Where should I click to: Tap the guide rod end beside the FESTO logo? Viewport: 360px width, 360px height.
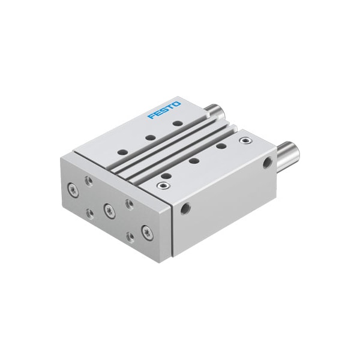pos(213,111)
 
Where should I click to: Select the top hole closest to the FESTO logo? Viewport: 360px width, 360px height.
pos(177,124)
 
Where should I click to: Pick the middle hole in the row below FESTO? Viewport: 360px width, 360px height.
pos(149,137)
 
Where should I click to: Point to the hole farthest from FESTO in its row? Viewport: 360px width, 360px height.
pos(121,151)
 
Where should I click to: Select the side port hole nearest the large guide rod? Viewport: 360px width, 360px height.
pos(266,162)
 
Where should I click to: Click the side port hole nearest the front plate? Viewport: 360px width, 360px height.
pos(185,208)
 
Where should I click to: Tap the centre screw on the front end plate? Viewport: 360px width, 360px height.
pos(109,209)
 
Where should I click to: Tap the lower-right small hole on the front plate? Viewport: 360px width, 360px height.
pos(130,236)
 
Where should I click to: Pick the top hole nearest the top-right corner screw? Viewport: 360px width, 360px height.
pos(221,146)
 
